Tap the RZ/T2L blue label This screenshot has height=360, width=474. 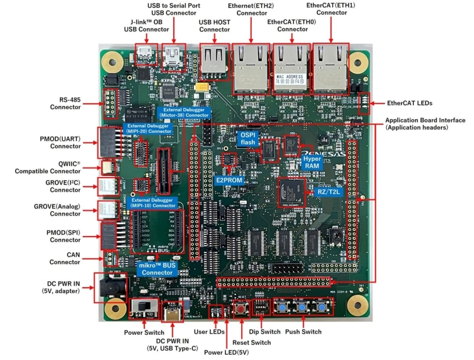click(x=328, y=192)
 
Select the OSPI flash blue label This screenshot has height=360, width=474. click(x=248, y=139)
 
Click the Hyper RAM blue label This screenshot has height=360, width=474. click(x=312, y=162)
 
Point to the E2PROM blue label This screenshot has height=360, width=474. click(x=229, y=180)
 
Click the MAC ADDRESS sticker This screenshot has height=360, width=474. click(x=290, y=79)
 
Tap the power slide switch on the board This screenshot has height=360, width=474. click(x=144, y=309)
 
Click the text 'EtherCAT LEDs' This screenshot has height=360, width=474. click(x=409, y=103)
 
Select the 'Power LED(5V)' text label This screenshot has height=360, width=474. click(x=226, y=352)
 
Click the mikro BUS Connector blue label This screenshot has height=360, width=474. click(x=157, y=269)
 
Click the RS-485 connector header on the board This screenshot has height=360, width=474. click(x=109, y=103)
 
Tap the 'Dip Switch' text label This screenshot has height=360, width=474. click(x=265, y=332)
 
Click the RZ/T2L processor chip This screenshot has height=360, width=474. click(x=292, y=192)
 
